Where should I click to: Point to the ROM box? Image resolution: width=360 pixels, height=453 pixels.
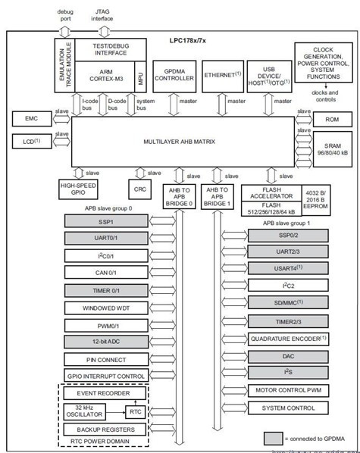332,119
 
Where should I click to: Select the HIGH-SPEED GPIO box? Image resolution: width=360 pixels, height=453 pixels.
80,189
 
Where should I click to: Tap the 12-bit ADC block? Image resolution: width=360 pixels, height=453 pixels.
105,342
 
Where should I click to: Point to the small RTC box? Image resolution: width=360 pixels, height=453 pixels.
134,411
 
